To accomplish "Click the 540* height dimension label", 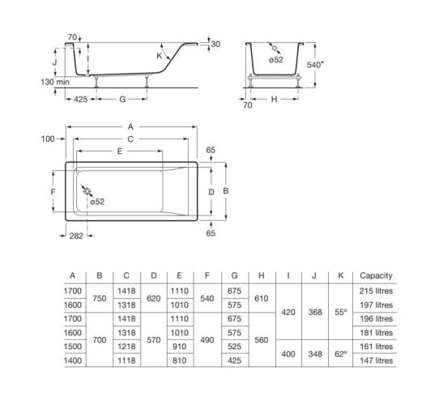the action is [x=315, y=65].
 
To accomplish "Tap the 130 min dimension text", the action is [x=55, y=82].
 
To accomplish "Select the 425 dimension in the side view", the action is [x=81, y=99].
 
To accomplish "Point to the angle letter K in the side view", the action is [x=160, y=56].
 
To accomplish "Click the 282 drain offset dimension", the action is [x=76, y=236].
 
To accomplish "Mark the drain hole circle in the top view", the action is [x=87, y=192].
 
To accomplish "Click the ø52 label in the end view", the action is [x=275, y=60].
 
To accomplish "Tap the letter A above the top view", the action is [x=130, y=127].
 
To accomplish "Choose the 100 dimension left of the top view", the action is [x=48, y=139].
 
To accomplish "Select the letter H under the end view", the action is [x=274, y=99].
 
